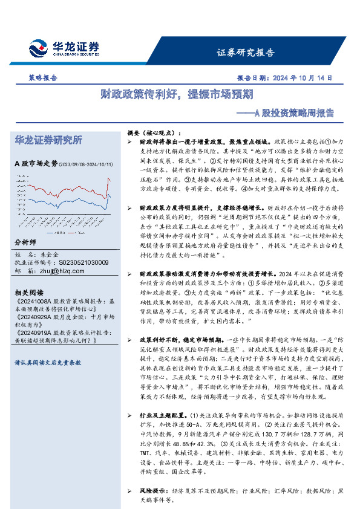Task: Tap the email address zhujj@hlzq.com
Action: [x=59, y=271]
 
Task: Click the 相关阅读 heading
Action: [x=28, y=291]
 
